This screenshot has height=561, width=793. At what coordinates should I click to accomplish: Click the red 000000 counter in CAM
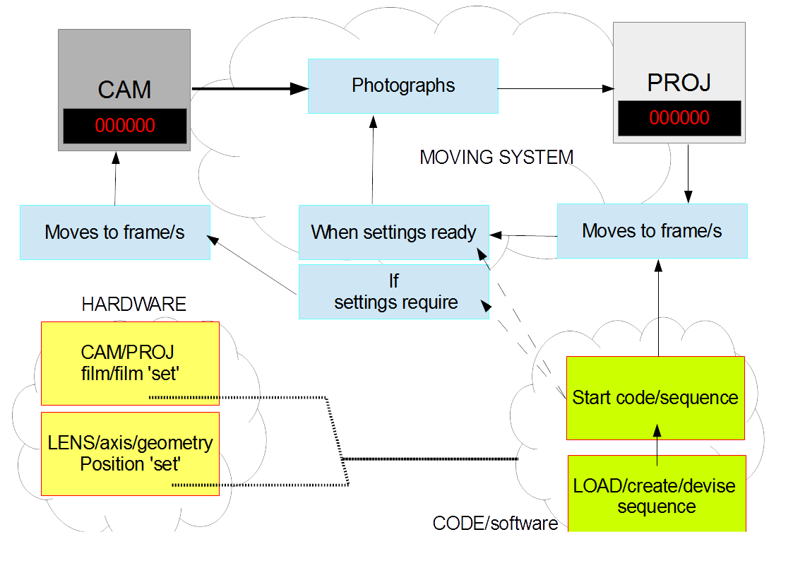click(125, 126)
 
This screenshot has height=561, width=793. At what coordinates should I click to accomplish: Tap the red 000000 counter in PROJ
click(679, 117)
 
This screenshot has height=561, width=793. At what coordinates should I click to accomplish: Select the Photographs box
click(403, 86)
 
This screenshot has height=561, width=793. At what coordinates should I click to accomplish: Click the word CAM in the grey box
click(124, 90)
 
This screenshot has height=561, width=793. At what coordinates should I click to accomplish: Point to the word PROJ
click(679, 83)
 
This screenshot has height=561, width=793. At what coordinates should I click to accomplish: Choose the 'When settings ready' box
click(393, 232)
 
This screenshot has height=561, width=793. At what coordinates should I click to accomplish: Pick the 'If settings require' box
click(393, 292)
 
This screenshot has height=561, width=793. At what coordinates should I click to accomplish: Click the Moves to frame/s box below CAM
click(114, 232)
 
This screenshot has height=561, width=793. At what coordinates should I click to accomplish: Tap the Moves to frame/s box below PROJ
click(652, 230)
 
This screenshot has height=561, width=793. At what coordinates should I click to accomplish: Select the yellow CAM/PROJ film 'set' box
click(130, 362)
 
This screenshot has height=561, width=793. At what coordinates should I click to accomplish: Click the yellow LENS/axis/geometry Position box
click(130, 454)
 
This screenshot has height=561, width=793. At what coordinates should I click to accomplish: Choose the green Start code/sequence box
click(655, 398)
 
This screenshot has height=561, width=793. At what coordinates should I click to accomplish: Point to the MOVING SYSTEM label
click(496, 157)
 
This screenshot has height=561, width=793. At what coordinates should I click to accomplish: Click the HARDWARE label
click(134, 305)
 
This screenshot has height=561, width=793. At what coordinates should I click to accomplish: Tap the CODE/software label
click(495, 524)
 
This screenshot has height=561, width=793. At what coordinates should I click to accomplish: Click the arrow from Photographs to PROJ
click(555, 89)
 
